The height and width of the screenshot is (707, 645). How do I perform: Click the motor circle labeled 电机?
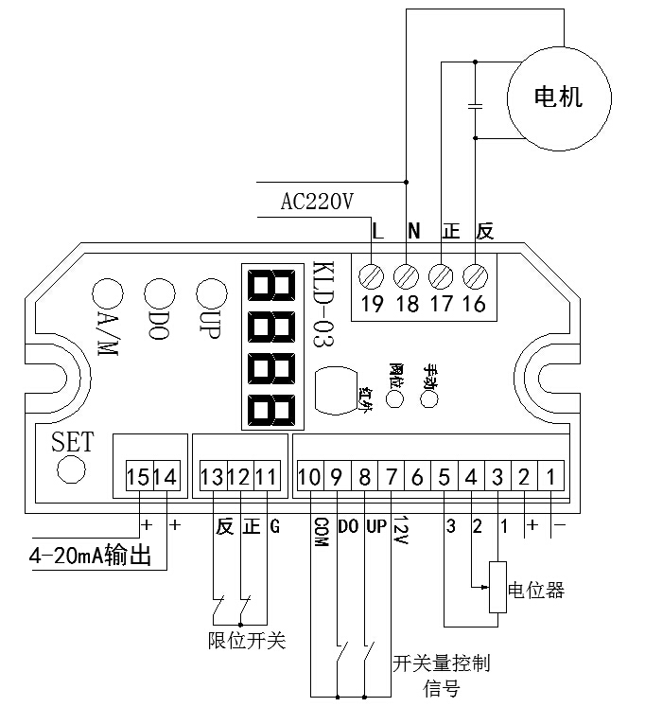click(x=558, y=96)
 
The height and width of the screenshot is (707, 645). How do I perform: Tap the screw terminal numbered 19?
click(x=372, y=275)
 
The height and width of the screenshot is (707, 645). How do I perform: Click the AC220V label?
click(x=316, y=202)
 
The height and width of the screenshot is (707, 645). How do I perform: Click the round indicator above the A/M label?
click(x=104, y=291)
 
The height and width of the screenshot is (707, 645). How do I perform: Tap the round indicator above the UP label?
click(x=206, y=291)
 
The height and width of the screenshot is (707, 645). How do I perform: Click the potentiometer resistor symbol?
click(x=497, y=587)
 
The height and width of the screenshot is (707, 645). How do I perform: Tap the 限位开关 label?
click(x=246, y=641)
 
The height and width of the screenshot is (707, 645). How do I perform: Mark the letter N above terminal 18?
click(x=412, y=230)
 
